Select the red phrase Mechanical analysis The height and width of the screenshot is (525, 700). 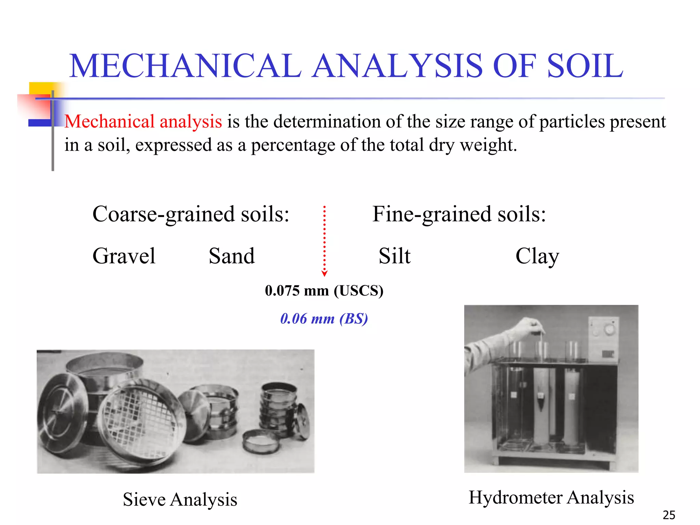tap(143, 121)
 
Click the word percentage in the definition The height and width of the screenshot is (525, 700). tap(293, 145)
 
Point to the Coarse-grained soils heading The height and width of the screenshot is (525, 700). tap(191, 214)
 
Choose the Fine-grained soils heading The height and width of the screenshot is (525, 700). tap(459, 214)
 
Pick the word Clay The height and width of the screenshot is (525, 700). tap(537, 256)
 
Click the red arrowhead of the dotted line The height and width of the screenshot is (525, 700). tap(325, 273)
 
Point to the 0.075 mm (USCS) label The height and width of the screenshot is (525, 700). tap(324, 291)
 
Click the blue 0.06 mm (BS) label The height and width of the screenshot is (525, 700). tap(324, 319)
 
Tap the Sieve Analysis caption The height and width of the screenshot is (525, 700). tap(180, 499)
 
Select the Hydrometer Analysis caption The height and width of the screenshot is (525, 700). tap(551, 497)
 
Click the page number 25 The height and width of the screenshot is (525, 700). tap(669, 515)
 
